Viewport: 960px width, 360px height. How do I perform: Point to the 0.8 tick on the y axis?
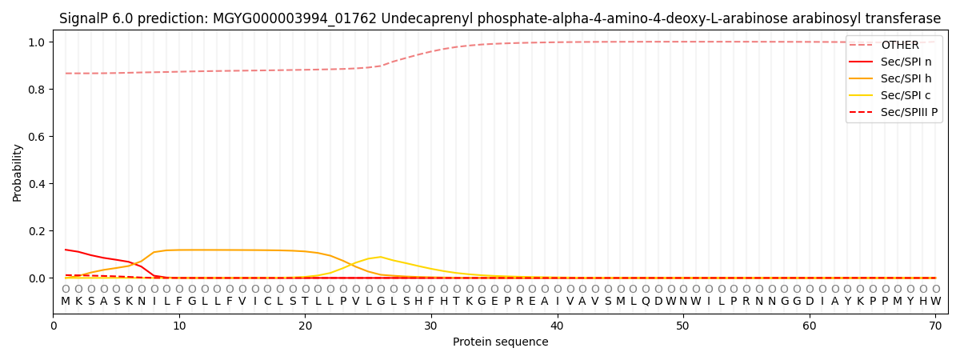37,90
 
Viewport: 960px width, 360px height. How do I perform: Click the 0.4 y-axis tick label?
37,184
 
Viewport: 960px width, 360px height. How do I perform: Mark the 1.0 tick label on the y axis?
37,42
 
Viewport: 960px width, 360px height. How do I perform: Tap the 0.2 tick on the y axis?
37,231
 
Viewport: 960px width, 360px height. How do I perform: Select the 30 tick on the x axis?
431,326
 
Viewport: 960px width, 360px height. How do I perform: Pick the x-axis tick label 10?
179,326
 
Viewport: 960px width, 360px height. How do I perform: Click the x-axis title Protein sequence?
500,342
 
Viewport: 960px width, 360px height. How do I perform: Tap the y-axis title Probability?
18,173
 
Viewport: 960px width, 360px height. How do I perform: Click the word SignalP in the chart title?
86,18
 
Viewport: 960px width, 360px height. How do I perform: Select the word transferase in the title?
900,18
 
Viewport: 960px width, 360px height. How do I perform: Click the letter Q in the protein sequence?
646,301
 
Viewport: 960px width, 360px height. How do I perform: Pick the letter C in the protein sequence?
268,301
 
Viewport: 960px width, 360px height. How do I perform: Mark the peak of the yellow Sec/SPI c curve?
381,257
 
